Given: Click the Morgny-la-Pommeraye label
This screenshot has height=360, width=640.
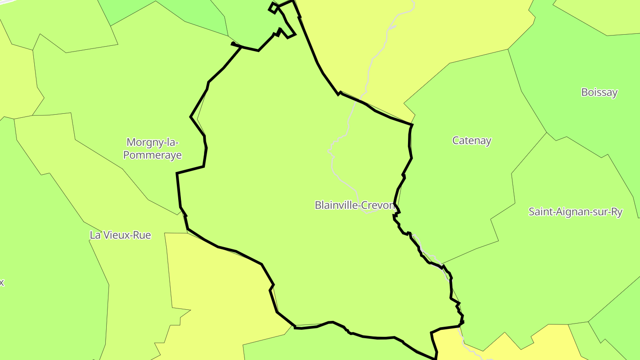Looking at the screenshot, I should [x=152, y=148].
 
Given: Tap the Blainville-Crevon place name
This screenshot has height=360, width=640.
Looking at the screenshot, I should [x=355, y=205].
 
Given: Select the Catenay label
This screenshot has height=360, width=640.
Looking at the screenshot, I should [x=472, y=141].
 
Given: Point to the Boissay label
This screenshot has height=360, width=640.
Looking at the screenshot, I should [x=599, y=92].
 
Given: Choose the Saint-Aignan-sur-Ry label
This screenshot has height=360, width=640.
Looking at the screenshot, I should [x=575, y=212].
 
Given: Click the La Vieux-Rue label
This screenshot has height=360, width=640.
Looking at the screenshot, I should [x=120, y=235].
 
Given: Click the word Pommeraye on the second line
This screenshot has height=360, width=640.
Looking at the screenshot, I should [x=152, y=155].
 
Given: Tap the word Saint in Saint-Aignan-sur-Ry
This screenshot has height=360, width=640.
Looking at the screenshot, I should [x=540, y=212].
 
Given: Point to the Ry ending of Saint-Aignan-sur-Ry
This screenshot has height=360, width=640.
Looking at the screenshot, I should [x=616, y=212].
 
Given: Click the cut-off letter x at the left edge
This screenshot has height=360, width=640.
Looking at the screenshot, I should [x=2, y=283].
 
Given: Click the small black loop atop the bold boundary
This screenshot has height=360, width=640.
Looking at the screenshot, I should [x=273, y=8].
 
